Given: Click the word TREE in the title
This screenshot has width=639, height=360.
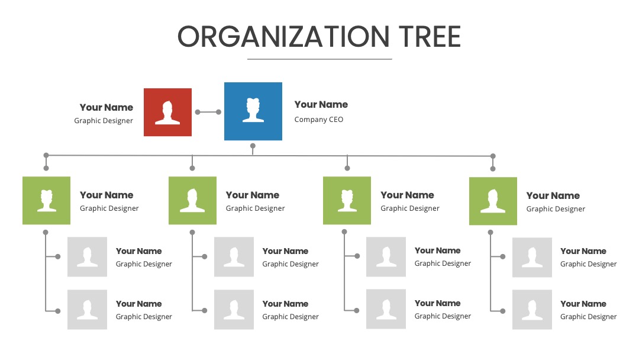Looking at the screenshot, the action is pyautogui.click(x=430, y=36).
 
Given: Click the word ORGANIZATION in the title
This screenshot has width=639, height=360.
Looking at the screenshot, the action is pyautogui.click(x=283, y=36).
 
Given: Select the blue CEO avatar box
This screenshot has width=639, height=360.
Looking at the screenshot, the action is pyautogui.click(x=253, y=111).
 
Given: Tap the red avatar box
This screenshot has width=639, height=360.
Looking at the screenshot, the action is pyautogui.click(x=167, y=112).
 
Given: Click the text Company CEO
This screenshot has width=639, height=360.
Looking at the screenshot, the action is pyautogui.click(x=319, y=120).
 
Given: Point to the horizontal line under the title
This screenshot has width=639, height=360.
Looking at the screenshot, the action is pyautogui.click(x=319, y=59).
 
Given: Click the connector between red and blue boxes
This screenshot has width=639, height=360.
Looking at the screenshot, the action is pyautogui.click(x=208, y=112).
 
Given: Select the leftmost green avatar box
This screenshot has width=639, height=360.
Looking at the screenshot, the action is pyautogui.click(x=47, y=200).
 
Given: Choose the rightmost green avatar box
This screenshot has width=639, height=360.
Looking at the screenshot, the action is pyautogui.click(x=493, y=201).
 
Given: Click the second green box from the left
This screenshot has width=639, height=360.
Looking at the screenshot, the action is pyautogui.click(x=192, y=200).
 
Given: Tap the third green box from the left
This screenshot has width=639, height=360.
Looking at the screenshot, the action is pyautogui.click(x=347, y=200).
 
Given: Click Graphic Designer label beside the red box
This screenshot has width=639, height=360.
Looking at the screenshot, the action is pyautogui.click(x=104, y=121).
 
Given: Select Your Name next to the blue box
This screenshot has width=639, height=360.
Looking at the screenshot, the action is pyautogui.click(x=321, y=104).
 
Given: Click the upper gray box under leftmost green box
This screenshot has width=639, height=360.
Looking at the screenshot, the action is pyautogui.click(x=87, y=257).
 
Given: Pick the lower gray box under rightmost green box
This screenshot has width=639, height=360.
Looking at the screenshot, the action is pyautogui.click(x=532, y=310).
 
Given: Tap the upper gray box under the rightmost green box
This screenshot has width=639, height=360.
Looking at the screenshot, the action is pyautogui.click(x=532, y=257).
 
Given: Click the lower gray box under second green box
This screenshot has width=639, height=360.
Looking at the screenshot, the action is pyautogui.click(x=234, y=310).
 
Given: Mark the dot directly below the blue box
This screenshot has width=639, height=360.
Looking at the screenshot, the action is pyautogui.click(x=253, y=146).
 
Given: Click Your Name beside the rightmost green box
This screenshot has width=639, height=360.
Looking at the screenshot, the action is pyautogui.click(x=553, y=196).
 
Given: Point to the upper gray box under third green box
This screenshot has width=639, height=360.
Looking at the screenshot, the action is pyautogui.click(x=386, y=257).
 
